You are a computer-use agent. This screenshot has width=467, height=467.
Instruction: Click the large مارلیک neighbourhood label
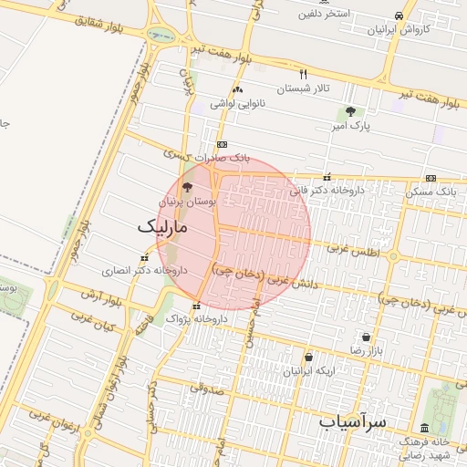pyautogui.click(x=162, y=226)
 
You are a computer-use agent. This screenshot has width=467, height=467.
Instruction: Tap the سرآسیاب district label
pyautogui.click(x=353, y=422)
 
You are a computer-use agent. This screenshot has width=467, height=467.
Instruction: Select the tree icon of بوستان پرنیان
pyautogui.click(x=188, y=187)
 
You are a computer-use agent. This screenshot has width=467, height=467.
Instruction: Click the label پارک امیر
pyautogui.click(x=350, y=126)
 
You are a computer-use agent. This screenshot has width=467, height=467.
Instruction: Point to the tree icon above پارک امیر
pyautogui.click(x=350, y=111)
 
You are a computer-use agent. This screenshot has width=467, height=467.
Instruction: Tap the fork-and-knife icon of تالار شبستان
pyautogui.click(x=304, y=74)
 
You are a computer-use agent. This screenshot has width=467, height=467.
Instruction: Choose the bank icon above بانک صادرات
pyautogui.click(x=222, y=145)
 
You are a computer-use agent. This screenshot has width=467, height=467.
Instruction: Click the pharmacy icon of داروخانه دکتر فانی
pyautogui.click(x=327, y=177)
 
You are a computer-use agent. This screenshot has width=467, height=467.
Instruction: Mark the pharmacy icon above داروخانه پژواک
pyautogui.click(x=196, y=306)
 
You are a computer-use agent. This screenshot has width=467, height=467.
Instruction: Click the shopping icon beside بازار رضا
pyautogui.click(x=367, y=337)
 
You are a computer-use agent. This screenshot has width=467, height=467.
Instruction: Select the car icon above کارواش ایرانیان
pyautogui.click(x=399, y=16)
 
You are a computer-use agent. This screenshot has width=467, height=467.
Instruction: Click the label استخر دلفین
pyautogui.click(x=323, y=14)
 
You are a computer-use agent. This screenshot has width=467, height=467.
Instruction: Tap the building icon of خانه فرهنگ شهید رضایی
pyautogui.click(x=424, y=428)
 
